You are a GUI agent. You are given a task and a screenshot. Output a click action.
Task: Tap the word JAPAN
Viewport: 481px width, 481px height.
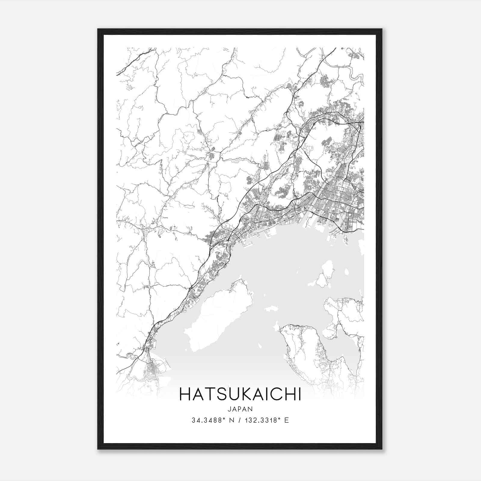click(240, 409)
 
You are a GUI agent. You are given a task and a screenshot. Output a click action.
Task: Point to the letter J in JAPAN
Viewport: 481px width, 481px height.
click(229, 409)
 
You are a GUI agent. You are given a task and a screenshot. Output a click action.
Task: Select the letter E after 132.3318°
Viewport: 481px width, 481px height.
click(286, 420)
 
